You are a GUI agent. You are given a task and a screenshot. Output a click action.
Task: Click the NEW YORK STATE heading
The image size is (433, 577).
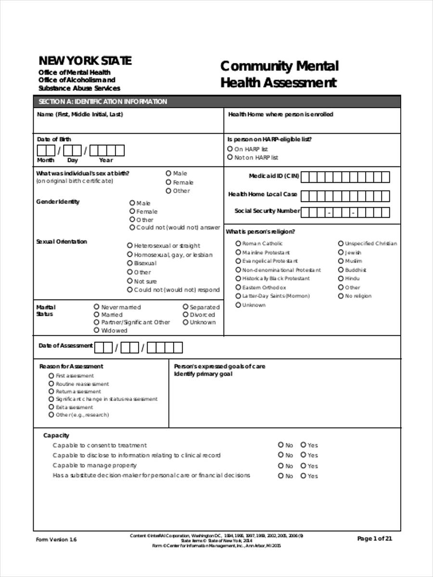85,61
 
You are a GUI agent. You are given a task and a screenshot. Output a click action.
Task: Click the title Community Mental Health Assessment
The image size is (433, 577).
279,74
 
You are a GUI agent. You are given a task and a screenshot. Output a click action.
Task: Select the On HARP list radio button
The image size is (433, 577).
230,149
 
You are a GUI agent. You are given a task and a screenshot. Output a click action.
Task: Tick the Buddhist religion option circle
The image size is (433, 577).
341,270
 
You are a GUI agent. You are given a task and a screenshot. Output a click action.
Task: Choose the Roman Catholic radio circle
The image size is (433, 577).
238,243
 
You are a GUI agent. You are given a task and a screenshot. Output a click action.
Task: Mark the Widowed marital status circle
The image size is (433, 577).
97,330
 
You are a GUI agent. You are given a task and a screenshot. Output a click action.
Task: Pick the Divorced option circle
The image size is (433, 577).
185,314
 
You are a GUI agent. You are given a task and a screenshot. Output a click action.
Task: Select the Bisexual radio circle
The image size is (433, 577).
130,263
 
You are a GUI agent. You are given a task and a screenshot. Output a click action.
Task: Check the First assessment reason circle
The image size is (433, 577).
51,376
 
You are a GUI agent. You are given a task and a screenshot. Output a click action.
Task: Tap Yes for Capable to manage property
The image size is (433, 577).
304,465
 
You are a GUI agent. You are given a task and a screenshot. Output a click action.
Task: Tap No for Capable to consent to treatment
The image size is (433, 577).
281,445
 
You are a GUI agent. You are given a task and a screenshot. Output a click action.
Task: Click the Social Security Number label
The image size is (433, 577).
267,211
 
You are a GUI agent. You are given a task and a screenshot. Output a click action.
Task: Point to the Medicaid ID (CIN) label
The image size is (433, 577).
274,176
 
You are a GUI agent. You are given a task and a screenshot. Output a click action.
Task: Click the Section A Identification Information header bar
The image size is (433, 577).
216,101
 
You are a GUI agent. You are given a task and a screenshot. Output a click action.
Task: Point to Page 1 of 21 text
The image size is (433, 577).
375,539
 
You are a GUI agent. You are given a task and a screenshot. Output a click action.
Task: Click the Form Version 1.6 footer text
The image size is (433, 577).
56,539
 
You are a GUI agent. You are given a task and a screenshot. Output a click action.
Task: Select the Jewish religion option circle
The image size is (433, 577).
341,252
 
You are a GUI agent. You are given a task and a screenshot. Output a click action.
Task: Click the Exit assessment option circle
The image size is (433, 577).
51,407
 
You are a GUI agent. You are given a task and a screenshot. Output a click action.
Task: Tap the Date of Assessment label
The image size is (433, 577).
65,346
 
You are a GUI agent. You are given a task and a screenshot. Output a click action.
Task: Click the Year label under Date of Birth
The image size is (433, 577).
106,160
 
